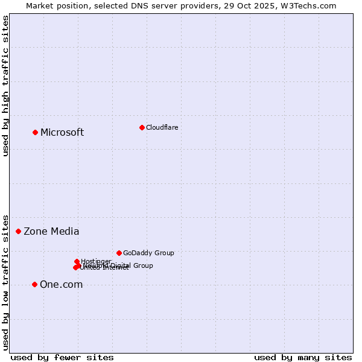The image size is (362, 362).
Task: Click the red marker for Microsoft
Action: click(x=35, y=132)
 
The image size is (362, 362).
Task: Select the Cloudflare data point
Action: click(x=142, y=127)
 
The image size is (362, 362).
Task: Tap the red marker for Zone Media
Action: click(x=19, y=231)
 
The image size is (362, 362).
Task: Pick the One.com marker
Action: click(x=34, y=284)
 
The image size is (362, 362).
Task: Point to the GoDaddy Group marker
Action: click(x=119, y=253)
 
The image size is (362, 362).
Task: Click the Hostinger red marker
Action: click(x=77, y=261)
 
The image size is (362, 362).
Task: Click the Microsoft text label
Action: click(x=62, y=133)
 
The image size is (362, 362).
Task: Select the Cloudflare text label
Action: click(x=162, y=127)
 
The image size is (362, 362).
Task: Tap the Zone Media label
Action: click(x=51, y=232)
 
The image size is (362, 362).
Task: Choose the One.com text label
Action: click(x=61, y=285)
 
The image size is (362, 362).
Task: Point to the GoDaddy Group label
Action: click(x=148, y=253)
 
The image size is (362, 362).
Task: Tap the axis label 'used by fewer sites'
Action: click(x=62, y=357)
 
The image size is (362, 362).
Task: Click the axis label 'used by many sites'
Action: click(x=303, y=357)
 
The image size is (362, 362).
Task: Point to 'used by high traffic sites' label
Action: click(x=6, y=86)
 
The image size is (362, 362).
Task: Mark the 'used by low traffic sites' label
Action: click(x=6, y=282)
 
